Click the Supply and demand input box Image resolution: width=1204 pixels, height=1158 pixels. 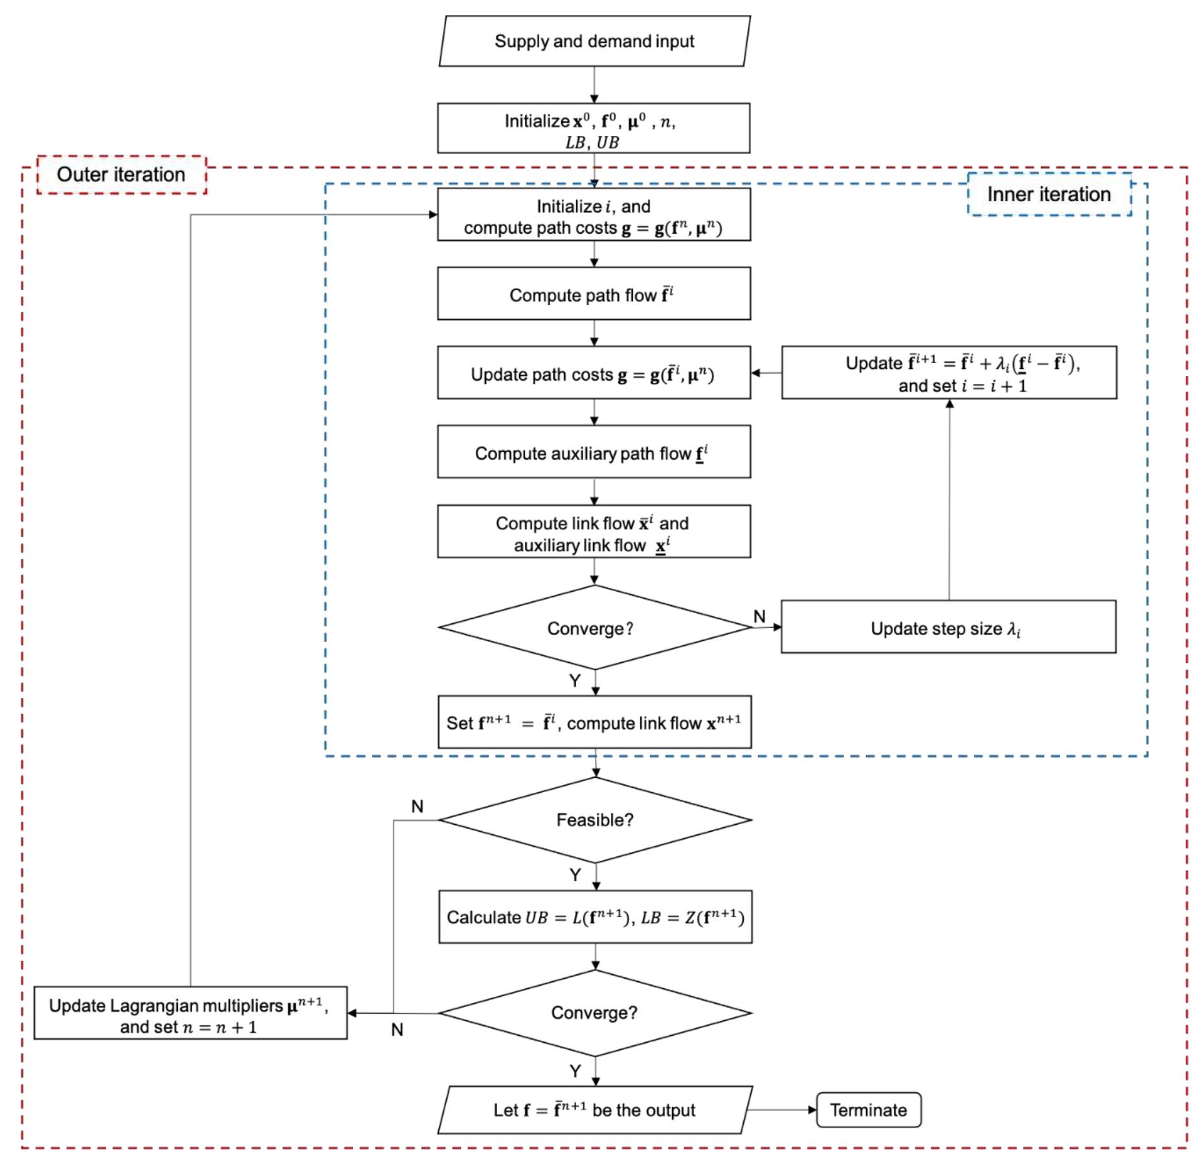click(594, 41)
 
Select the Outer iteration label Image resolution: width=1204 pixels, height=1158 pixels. click(121, 175)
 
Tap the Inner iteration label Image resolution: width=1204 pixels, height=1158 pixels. click(1049, 194)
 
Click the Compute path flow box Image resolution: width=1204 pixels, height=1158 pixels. click(594, 294)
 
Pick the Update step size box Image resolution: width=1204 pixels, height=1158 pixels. click(948, 627)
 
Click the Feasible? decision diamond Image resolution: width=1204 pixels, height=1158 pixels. click(595, 820)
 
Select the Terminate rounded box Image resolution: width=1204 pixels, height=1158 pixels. click(868, 1110)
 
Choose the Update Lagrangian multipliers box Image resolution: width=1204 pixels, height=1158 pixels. click(190, 1013)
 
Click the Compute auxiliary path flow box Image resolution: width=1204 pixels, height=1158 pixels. click(594, 452)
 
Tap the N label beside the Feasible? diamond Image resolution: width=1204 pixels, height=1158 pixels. click(418, 807)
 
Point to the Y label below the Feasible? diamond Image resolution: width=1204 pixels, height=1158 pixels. click(575, 875)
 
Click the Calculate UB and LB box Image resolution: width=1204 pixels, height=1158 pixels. click(595, 917)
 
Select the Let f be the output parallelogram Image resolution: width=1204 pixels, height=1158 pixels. click(594, 1110)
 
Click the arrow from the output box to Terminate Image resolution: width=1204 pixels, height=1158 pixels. click(781, 1110)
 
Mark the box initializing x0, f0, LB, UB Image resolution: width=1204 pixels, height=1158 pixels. click(594, 129)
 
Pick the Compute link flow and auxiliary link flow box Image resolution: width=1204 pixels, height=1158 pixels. click(594, 532)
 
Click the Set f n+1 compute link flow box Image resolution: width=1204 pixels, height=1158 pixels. click(594, 722)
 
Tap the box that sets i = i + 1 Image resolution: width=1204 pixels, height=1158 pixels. click(949, 373)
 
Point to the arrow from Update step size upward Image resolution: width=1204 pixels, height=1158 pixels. click(950, 498)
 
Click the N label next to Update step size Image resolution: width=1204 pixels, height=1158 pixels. click(760, 616)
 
